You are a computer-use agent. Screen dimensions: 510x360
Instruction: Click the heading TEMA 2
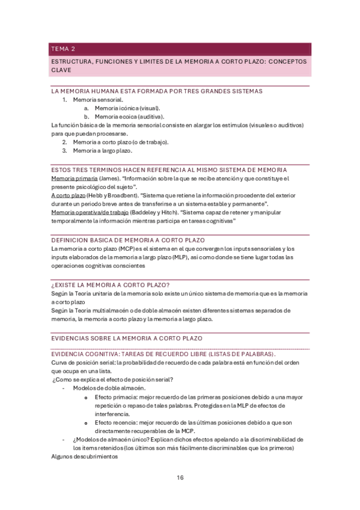(63, 49)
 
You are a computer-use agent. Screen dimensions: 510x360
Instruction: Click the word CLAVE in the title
(61, 70)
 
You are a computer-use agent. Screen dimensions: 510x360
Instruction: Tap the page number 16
(180, 478)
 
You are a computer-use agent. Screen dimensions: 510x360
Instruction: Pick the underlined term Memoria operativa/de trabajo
(90, 212)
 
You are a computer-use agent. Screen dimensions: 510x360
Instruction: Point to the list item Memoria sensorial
(99, 99)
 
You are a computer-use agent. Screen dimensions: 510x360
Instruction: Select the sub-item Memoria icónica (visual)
(127, 108)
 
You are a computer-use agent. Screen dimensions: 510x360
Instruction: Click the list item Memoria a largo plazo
(102, 150)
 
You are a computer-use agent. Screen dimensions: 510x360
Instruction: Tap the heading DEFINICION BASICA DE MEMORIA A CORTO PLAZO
(141, 239)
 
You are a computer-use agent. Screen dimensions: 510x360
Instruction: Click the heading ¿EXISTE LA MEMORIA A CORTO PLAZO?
(111, 284)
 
